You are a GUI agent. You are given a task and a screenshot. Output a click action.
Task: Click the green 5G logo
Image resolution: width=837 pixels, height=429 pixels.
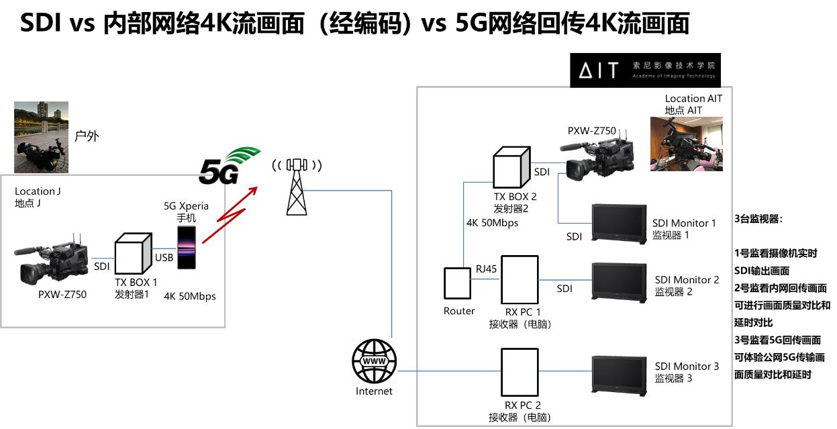(228, 166)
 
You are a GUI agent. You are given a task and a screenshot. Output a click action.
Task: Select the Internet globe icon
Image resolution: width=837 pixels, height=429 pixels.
(374, 361)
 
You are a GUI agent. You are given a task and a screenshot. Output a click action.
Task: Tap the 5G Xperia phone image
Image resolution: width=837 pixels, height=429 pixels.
(186, 248)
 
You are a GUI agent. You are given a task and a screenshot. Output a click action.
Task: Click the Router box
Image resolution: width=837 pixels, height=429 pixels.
(459, 284)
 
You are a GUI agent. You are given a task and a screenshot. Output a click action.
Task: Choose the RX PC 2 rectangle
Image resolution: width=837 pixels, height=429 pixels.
(520, 372)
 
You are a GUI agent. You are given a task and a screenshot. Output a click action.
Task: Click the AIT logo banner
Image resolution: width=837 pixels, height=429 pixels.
(645, 70)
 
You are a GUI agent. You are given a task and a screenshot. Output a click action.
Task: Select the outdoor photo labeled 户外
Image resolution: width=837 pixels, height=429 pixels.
(42, 138)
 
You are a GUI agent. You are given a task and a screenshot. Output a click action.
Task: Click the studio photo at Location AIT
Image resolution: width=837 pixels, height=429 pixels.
(686, 144)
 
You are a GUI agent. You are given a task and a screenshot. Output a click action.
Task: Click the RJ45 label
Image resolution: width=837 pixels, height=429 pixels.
(487, 269)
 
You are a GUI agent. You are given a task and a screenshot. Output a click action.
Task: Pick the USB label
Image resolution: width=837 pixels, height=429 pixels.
(164, 257)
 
